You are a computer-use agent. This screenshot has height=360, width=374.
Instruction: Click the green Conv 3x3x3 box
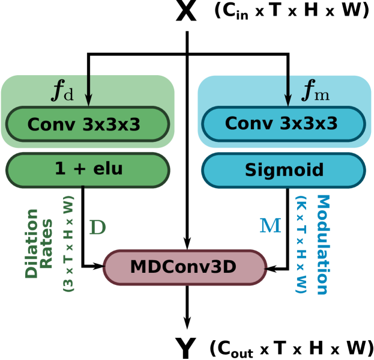[88, 124]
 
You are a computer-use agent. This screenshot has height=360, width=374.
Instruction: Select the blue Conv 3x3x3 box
[283, 124]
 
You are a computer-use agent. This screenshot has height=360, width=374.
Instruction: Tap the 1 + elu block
[88, 169]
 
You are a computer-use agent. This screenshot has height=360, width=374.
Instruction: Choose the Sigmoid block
[283, 170]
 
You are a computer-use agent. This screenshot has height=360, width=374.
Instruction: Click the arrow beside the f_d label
[88, 90]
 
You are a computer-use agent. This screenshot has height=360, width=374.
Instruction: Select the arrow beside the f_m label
[288, 90]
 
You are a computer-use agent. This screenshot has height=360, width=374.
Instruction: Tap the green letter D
[97, 227]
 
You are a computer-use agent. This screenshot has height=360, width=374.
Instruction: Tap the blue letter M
[270, 226]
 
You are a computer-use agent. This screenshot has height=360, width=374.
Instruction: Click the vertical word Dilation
[32, 243]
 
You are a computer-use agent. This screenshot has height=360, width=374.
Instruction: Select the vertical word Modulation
[322, 245]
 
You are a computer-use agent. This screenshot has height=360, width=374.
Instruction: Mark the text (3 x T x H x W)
[68, 243]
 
